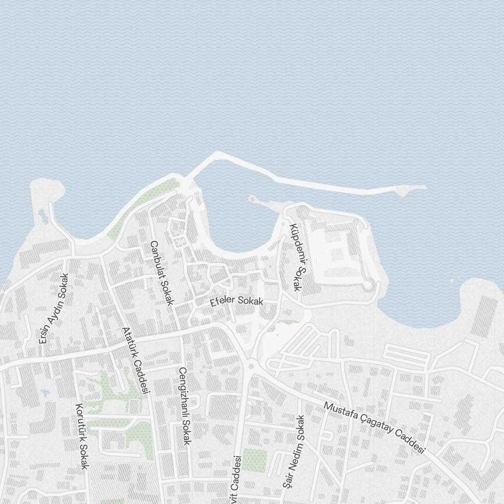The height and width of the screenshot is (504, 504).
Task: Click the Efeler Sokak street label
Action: [237, 302]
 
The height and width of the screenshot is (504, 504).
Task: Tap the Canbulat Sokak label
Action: [162, 273]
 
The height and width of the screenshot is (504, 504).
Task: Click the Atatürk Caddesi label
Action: [136, 360]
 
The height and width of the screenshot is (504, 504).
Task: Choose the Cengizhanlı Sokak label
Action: [184, 406]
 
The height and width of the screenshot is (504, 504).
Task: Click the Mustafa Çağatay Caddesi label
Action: [374, 428]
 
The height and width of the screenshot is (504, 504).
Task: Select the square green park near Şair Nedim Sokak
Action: [254, 460]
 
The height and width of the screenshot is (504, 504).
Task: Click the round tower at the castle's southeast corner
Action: [369, 286]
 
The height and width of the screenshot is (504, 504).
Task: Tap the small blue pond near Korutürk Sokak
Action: [44, 392]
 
